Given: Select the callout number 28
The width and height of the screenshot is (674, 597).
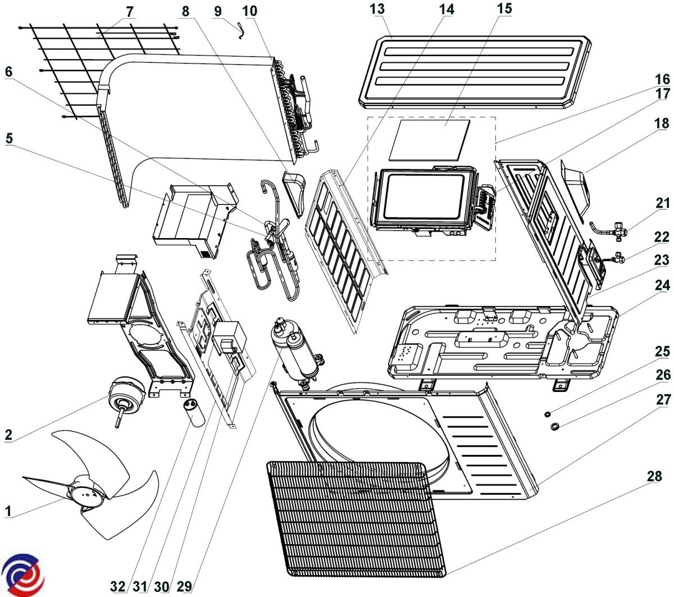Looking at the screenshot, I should click(654, 476).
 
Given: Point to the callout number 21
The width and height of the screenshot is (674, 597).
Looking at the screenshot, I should click(663, 203).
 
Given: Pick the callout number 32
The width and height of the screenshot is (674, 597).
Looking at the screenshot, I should click(118, 586).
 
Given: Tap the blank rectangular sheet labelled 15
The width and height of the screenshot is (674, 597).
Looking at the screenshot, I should click(432, 139).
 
